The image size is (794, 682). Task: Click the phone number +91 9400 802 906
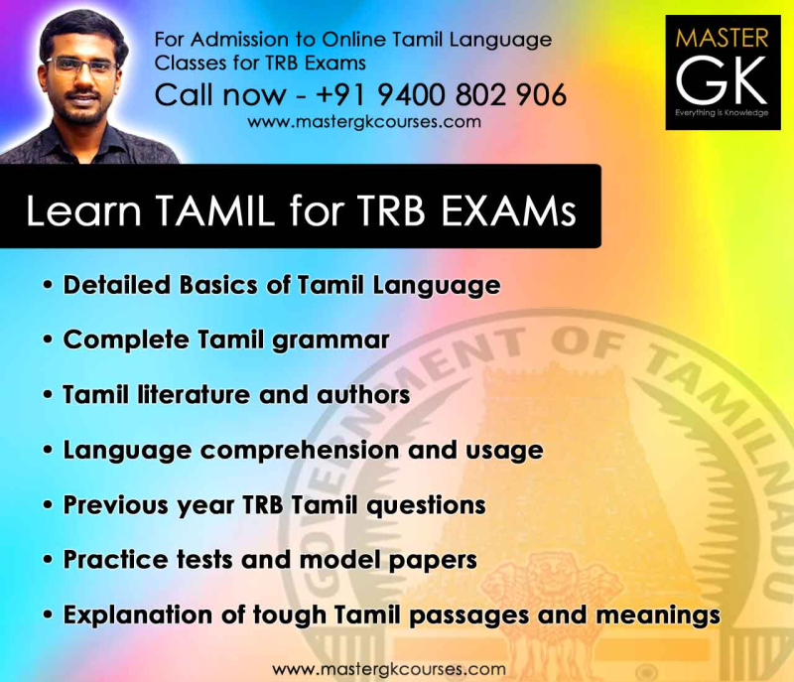(x=441, y=94)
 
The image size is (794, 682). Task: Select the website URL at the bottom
(x=389, y=668)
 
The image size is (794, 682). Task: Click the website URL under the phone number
(x=364, y=122)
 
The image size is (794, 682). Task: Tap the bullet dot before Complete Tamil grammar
(x=48, y=341)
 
